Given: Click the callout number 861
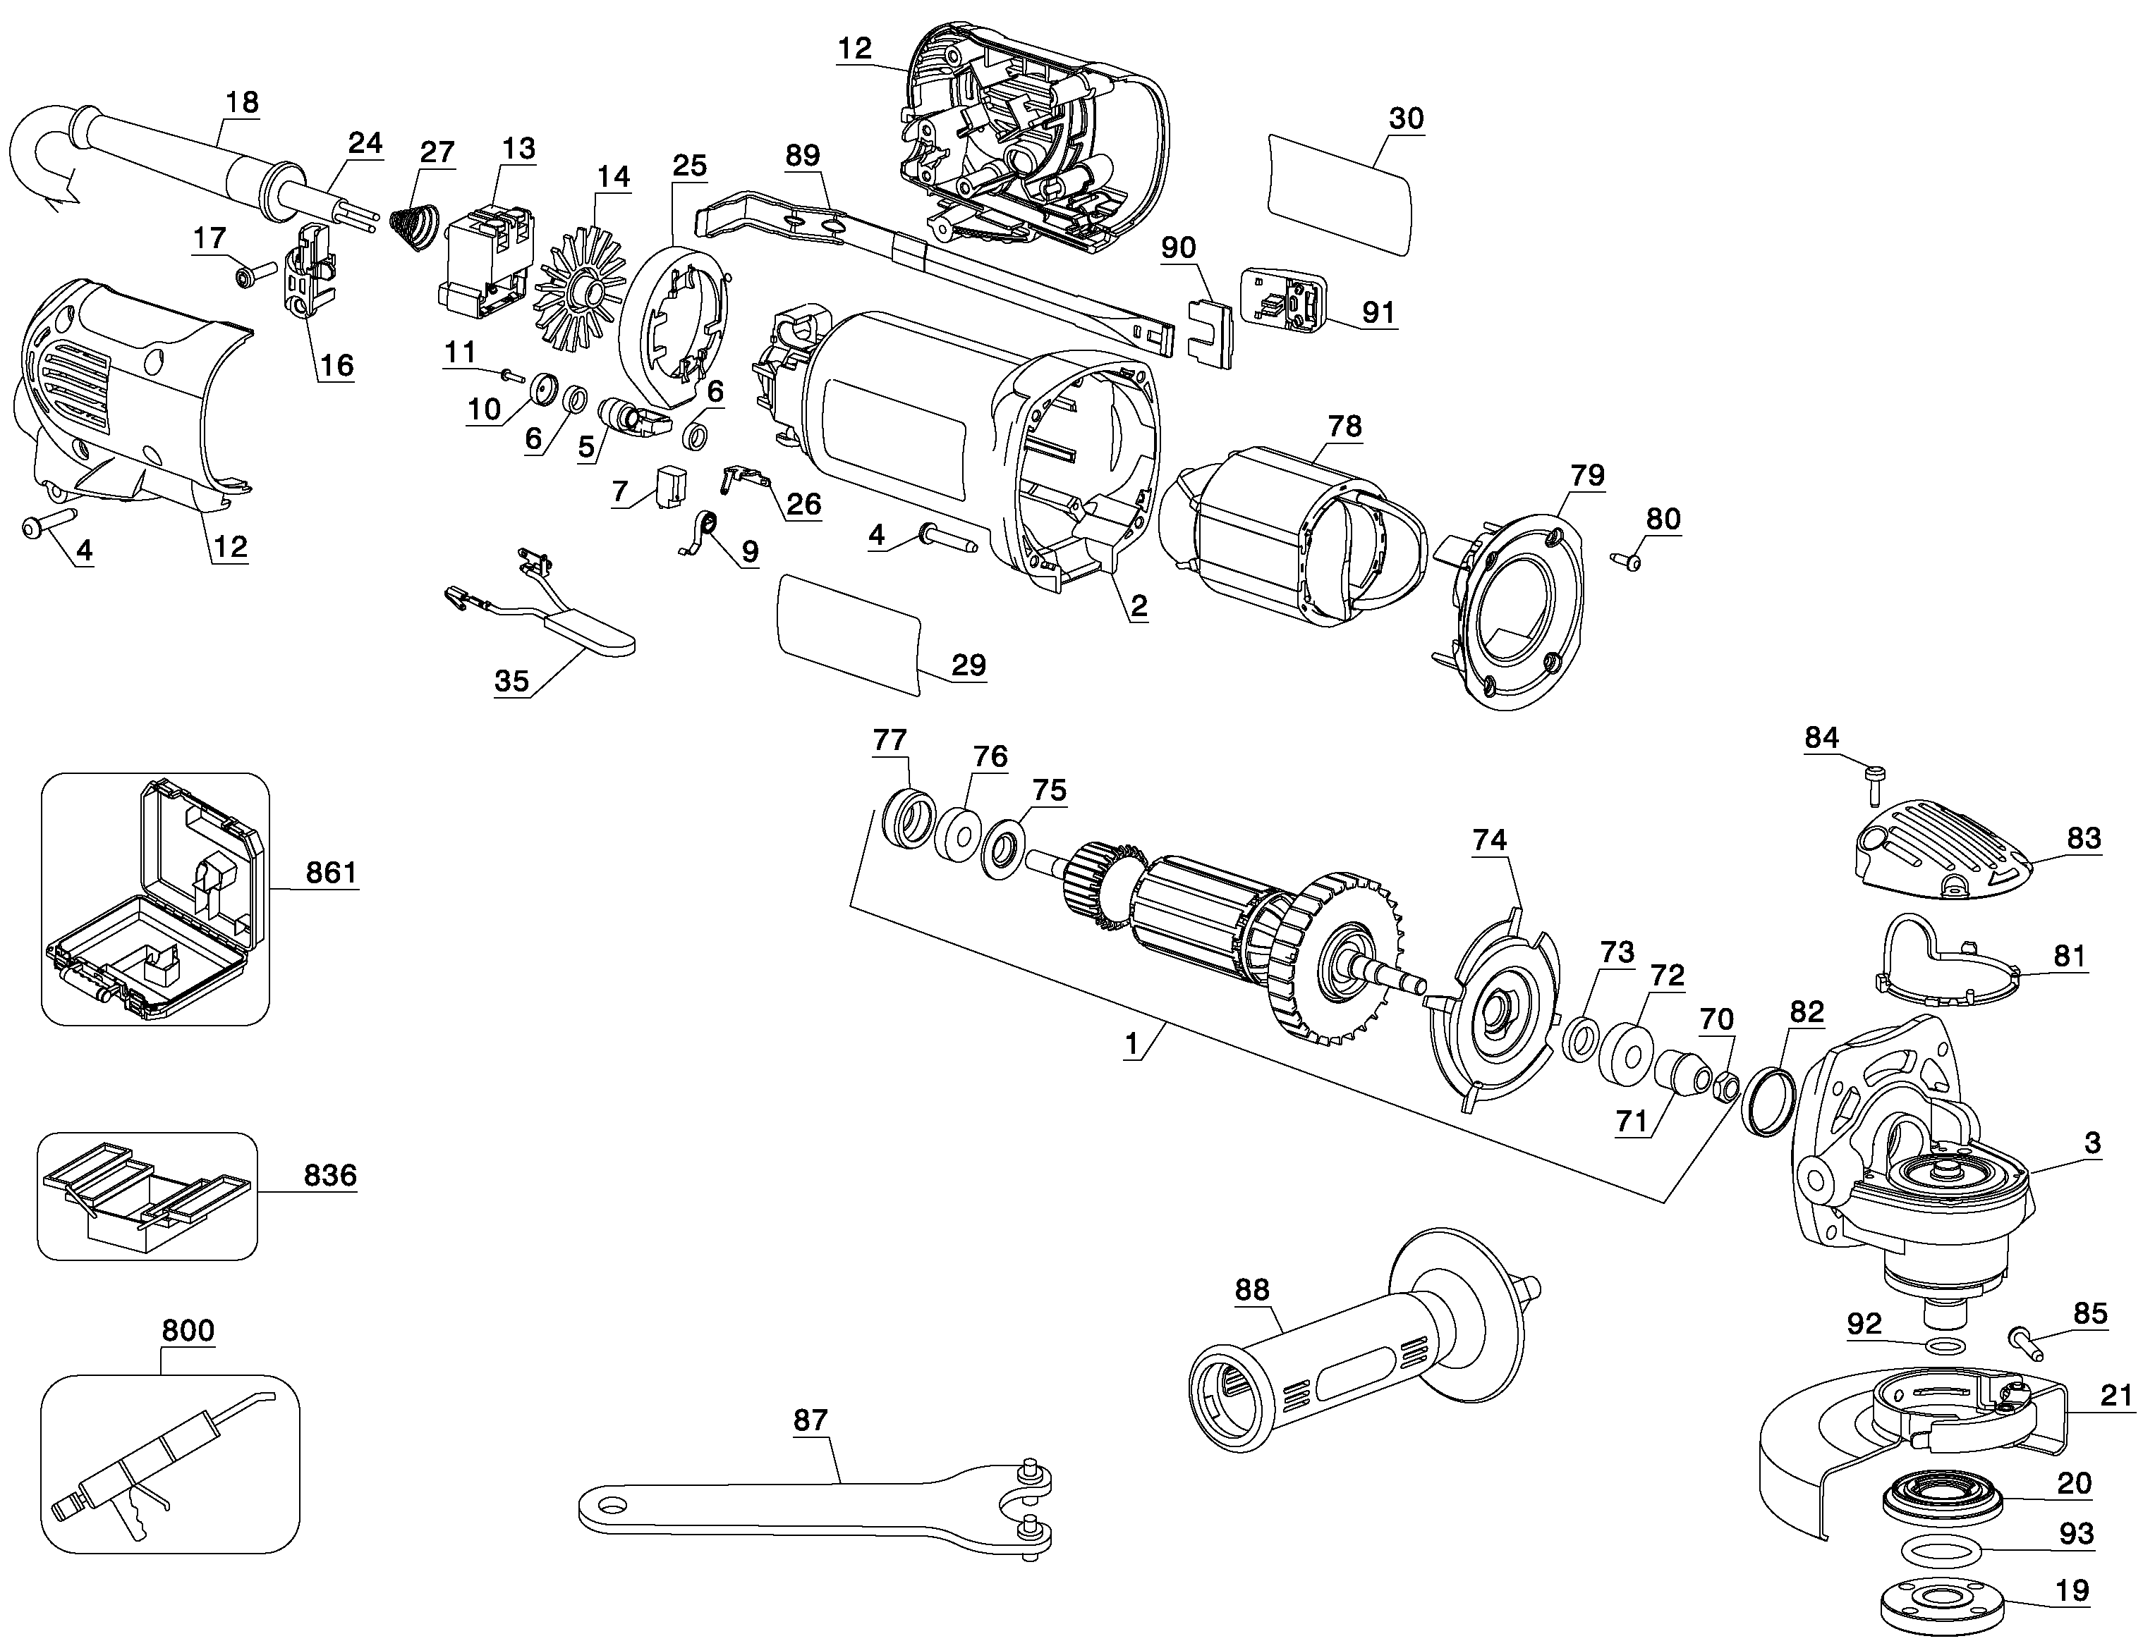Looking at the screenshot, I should point(332,872).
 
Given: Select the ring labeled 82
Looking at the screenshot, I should point(1770,1102).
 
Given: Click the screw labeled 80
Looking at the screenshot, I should point(1628,560).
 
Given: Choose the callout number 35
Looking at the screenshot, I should point(511,681).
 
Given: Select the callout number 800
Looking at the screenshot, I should point(188,1330).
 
